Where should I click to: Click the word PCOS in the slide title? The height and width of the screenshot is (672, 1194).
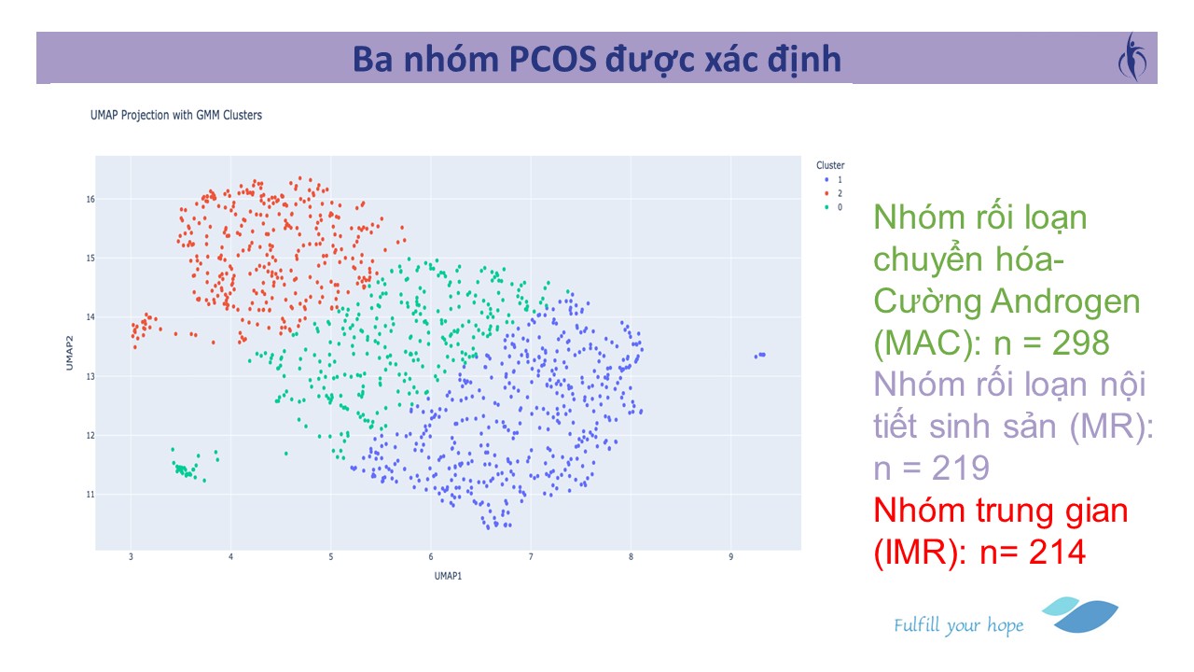click(553, 59)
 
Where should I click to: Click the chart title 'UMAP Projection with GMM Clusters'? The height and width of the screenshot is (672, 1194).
click(176, 115)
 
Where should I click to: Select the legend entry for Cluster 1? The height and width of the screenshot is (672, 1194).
click(833, 180)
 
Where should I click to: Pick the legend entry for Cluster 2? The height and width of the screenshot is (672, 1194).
click(833, 193)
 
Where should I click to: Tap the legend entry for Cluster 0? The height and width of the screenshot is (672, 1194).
click(833, 207)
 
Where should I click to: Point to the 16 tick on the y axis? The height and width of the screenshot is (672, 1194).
click(90, 200)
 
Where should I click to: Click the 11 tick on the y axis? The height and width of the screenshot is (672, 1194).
click(90, 495)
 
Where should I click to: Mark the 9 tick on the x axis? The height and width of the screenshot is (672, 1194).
click(730, 557)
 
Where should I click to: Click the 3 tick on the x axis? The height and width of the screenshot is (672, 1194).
click(131, 557)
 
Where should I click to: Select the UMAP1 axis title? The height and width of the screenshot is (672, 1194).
click(448, 576)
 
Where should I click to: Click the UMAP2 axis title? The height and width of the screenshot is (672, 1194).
click(69, 353)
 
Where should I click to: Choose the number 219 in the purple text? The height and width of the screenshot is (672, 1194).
click(961, 469)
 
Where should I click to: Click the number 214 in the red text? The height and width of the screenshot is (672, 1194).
click(1057, 552)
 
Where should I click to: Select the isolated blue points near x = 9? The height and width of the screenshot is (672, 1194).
click(760, 356)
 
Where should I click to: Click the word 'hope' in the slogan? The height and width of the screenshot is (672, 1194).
click(1006, 626)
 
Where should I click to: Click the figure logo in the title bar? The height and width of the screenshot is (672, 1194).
click(1132, 57)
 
